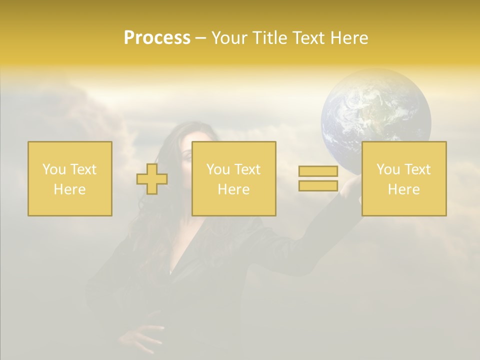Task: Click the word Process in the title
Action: [x=157, y=38]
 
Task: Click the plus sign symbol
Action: [x=152, y=179]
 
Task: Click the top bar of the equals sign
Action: [x=318, y=171]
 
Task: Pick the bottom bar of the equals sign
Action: [x=318, y=185]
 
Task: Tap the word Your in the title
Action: [x=230, y=38]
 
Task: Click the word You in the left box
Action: [x=54, y=169]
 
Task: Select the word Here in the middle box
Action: [x=233, y=189]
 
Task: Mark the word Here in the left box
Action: [x=70, y=189]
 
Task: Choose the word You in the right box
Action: [x=388, y=169]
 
